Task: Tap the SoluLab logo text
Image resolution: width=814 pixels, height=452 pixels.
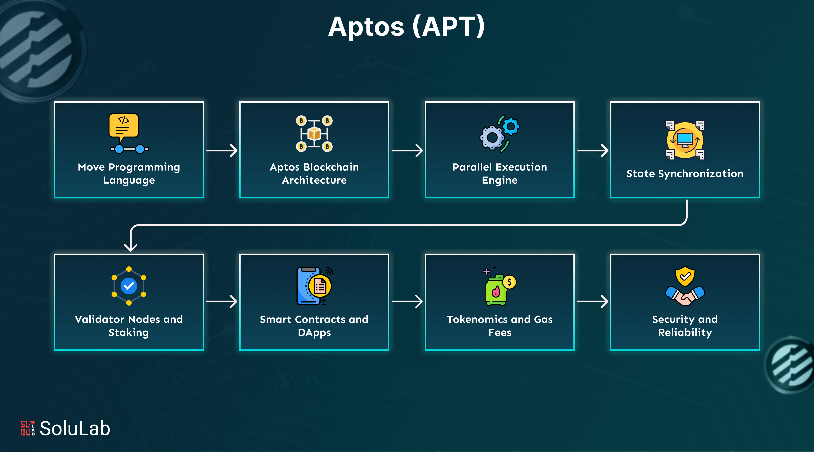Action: click(75, 429)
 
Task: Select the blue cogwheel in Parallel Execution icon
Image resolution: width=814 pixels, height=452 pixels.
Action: click(510, 127)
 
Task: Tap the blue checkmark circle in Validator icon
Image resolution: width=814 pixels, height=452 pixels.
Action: click(129, 286)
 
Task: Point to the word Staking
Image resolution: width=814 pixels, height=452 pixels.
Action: click(129, 333)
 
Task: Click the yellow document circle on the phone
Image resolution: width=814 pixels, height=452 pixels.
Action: click(320, 286)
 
